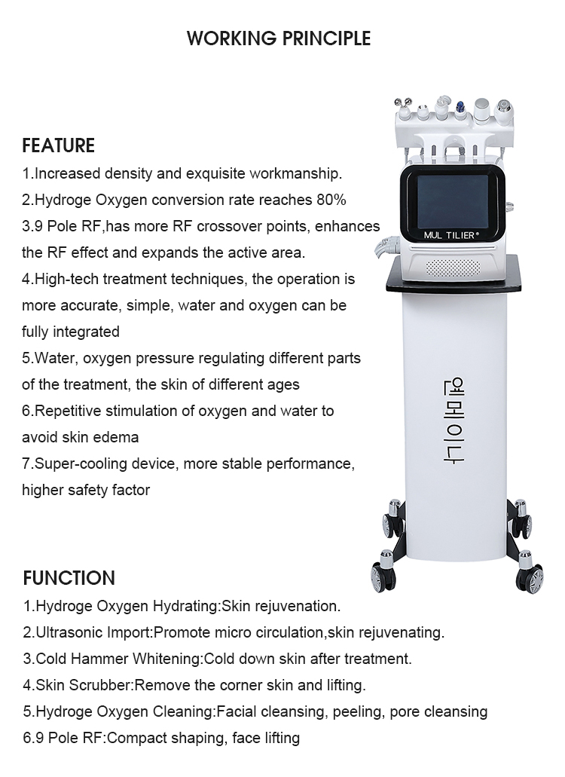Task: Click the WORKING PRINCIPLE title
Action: pos(279,38)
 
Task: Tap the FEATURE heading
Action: pos(59,145)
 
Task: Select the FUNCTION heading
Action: pos(69,578)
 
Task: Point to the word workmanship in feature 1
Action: pos(295,174)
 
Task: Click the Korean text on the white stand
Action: pos(454,421)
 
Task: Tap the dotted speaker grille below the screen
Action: pos(453,268)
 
